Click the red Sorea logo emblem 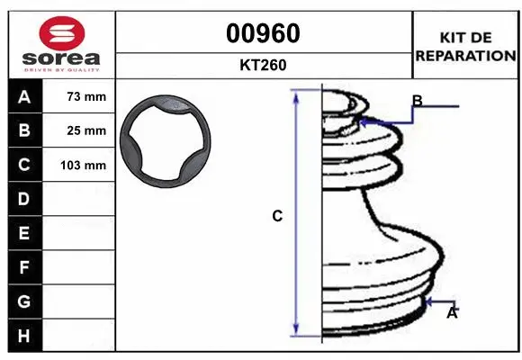point(62,33)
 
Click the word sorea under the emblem point(61,58)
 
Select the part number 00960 point(263,33)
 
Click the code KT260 point(263,65)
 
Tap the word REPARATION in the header point(465,56)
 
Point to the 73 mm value point(86,96)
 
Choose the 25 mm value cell point(78,130)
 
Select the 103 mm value point(83,166)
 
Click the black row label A point(25,96)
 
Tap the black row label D point(25,199)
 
